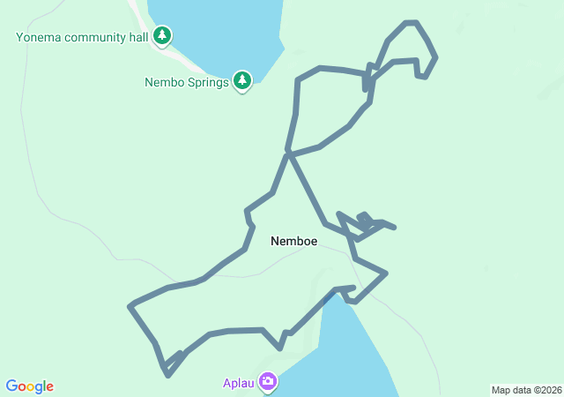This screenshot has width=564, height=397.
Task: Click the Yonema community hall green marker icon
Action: tap(161, 35)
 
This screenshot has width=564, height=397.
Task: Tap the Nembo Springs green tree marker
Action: tap(242, 81)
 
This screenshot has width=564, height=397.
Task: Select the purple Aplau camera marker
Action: tap(267, 382)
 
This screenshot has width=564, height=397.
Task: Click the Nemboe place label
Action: tap(293, 241)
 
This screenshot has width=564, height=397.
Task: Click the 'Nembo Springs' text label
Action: tap(186, 83)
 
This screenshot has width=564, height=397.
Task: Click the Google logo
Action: tap(30, 386)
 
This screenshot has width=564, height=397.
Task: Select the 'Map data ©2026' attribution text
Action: tap(525, 390)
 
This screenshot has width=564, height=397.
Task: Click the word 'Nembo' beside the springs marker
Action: tap(164, 83)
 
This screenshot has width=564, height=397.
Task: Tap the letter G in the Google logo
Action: tap(11, 386)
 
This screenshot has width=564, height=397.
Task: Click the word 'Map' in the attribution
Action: tap(501, 390)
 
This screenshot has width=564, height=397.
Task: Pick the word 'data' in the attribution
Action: tap(520, 390)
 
